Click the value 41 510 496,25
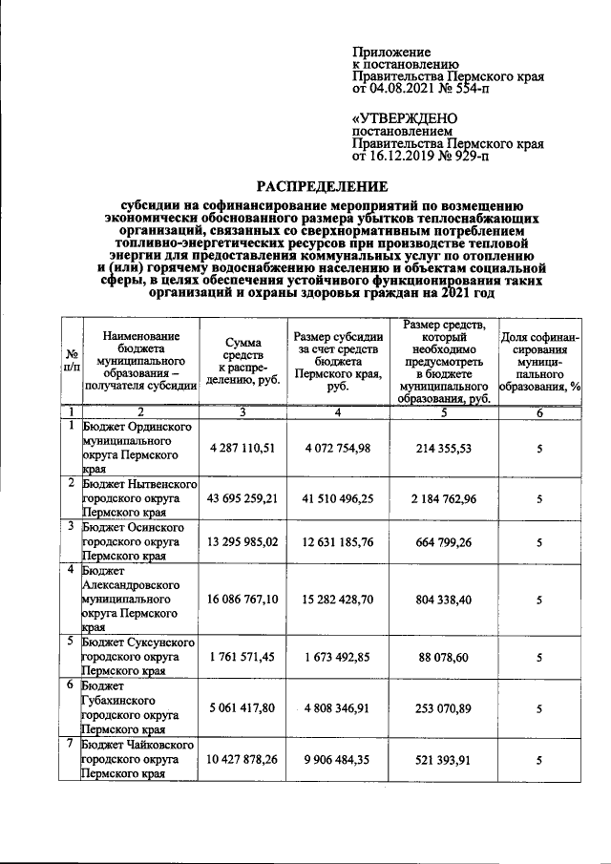pos(340,497)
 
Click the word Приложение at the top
pos(392,52)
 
